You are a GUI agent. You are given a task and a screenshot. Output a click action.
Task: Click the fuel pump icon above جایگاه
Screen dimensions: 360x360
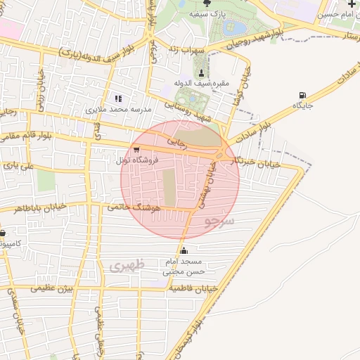pos(302,95)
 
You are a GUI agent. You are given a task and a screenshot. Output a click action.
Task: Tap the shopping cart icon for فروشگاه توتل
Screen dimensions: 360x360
pos(136,149)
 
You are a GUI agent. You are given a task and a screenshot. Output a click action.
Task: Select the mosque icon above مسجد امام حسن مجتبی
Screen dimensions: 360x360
pos(184,250)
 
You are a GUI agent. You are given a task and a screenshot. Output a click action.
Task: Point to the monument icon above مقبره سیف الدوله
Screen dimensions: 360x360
pos(202,72)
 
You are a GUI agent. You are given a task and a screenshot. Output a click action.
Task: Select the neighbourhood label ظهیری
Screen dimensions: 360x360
pos(126,266)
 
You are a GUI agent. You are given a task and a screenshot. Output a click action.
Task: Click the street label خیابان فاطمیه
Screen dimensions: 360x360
pos(190,288)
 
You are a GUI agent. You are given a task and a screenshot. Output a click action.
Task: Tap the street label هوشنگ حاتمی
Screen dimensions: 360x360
pos(136,208)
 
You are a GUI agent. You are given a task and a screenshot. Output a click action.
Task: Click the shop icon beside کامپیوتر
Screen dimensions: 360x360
pos(3,233)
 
